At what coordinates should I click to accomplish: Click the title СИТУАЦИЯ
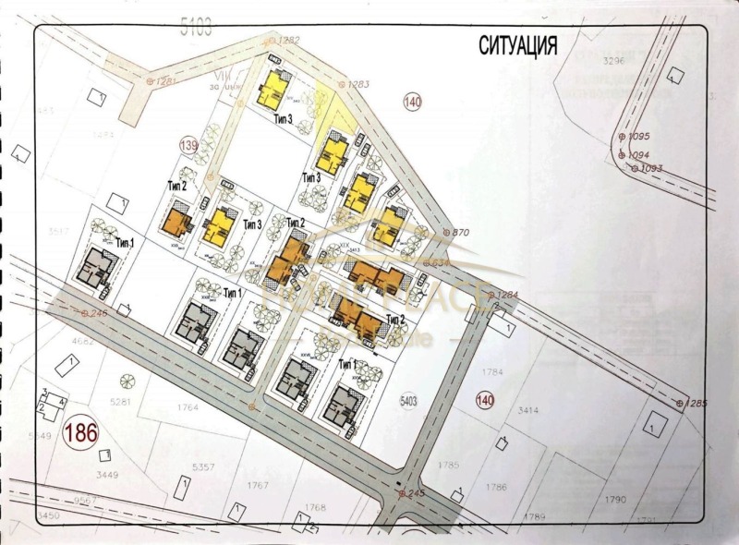click(517, 45)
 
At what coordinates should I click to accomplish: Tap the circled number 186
click(80, 432)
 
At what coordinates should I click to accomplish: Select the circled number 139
click(188, 145)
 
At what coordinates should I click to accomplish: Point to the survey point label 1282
click(289, 40)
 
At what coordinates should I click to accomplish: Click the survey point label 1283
click(357, 85)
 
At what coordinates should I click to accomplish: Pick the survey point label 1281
click(166, 81)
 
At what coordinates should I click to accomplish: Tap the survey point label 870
click(459, 232)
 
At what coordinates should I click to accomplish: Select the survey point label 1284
click(507, 296)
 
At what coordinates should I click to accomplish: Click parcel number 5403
click(410, 401)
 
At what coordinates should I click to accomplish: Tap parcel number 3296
click(614, 62)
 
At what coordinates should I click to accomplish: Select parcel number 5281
click(121, 402)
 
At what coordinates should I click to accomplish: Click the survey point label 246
click(99, 314)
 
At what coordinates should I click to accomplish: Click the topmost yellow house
click(274, 88)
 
